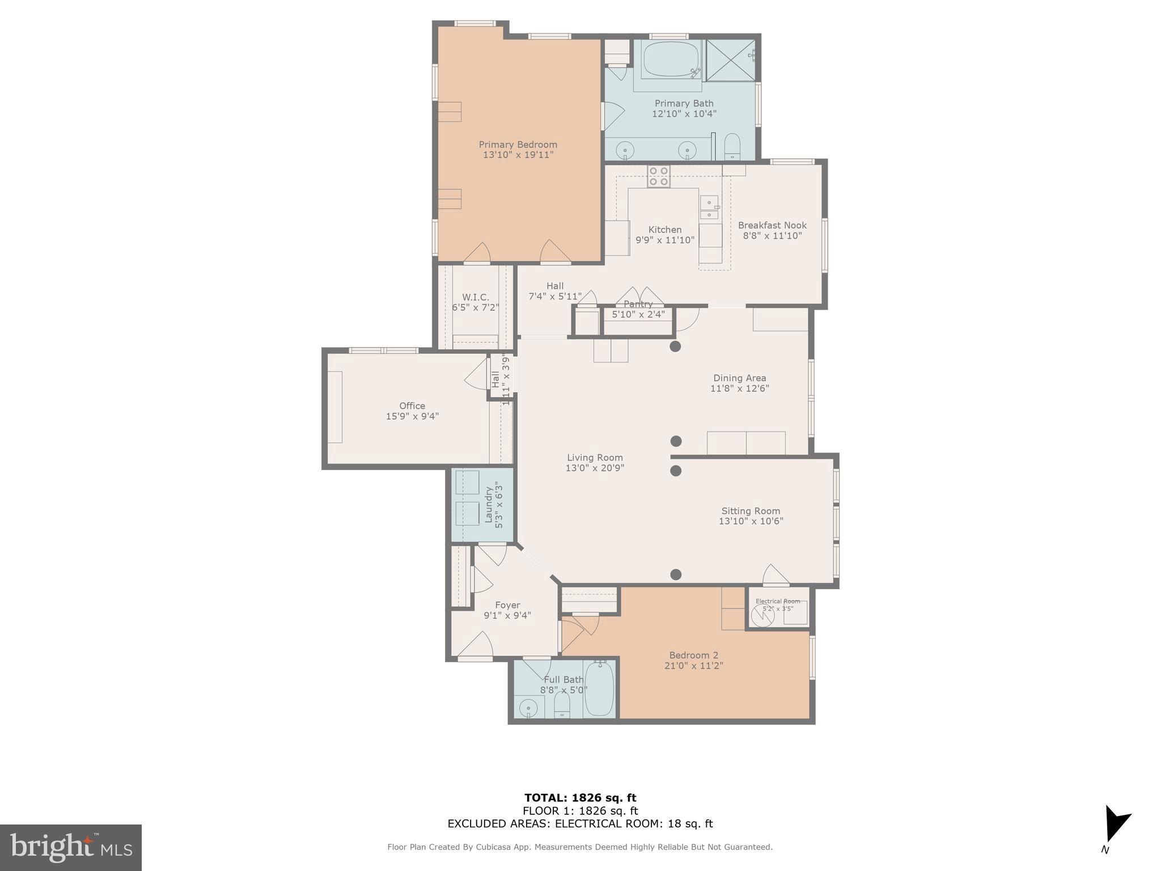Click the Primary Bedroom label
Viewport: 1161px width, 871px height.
(x=518, y=145)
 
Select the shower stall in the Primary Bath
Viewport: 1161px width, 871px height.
(x=730, y=60)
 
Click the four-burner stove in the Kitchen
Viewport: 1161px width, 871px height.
(x=659, y=176)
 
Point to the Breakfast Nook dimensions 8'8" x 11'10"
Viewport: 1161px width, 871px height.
(x=772, y=236)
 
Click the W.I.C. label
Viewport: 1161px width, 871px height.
(x=475, y=297)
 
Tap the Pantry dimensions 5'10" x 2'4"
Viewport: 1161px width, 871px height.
(x=638, y=314)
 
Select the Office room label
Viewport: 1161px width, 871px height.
(x=412, y=406)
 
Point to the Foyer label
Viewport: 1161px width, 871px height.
(x=507, y=605)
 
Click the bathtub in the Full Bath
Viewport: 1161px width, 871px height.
(x=599, y=690)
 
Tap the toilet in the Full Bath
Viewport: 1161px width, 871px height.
(x=561, y=705)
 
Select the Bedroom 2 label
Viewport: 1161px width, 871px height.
(x=693, y=655)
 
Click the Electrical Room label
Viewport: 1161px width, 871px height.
(x=777, y=601)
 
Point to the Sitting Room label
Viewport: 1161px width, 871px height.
(x=750, y=511)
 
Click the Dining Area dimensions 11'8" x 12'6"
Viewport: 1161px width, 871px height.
(x=739, y=388)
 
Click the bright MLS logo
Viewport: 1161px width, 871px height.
(x=71, y=847)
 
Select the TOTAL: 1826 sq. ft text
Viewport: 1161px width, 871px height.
(x=580, y=798)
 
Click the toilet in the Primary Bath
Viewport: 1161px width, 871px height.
(x=732, y=146)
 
